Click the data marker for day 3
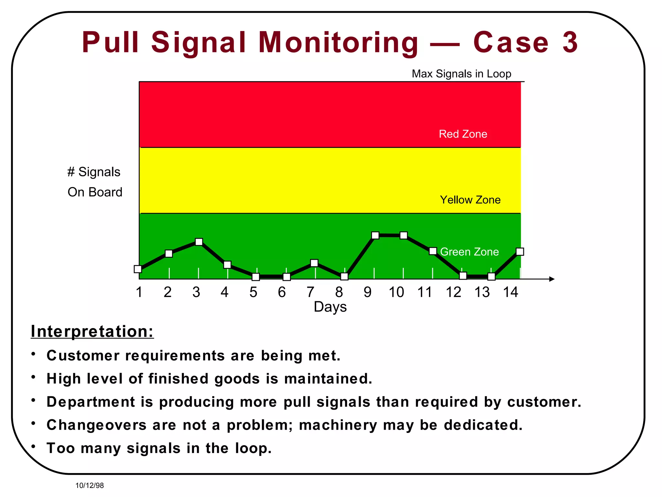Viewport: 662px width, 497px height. tap(199, 242)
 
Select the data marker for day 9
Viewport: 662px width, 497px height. tap(375, 235)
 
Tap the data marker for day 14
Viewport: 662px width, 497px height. tap(520, 252)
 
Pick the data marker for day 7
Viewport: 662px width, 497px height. tap(314, 263)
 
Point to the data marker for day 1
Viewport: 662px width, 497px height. tap(138, 269)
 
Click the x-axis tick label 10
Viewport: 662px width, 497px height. tap(396, 292)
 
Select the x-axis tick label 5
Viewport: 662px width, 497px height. tap(253, 292)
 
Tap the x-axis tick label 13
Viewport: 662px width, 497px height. tap(482, 292)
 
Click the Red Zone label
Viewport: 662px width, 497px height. tap(463, 134)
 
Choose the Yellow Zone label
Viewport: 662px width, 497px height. tap(470, 200)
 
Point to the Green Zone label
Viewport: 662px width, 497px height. tap(469, 252)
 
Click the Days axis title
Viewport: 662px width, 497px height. tap(330, 307)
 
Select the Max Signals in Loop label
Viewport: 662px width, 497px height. tap(461, 74)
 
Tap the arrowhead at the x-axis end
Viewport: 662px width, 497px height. tap(552, 279)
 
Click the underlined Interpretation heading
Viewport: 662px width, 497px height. tap(92, 331)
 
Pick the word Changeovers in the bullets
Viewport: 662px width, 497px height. tap(97, 425)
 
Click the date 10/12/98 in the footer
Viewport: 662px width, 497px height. tap(90, 485)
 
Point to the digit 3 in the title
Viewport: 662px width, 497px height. tap(570, 42)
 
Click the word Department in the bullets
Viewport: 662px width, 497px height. tap(91, 402)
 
